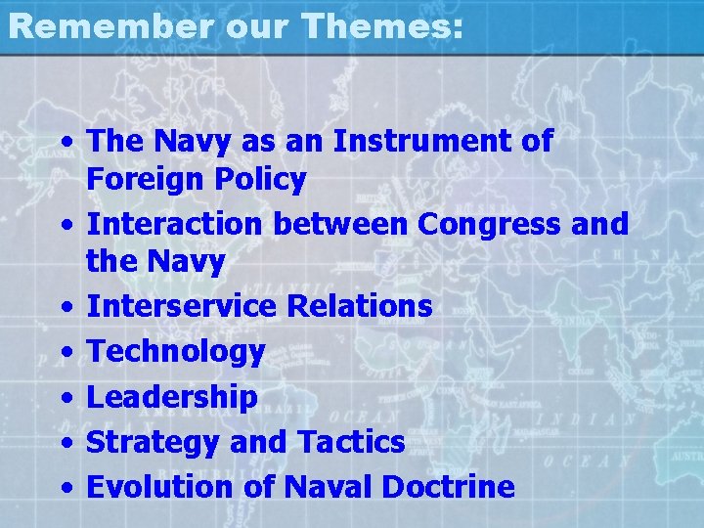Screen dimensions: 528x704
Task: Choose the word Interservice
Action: click(182, 306)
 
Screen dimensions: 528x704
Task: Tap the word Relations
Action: click(360, 306)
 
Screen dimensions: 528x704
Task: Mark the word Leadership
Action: click(172, 397)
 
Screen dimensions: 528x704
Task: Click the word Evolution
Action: click(159, 487)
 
